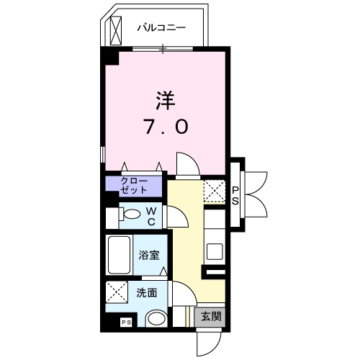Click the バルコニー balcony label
pos(162,27)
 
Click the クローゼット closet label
pos(134,185)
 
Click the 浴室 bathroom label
pos(149,256)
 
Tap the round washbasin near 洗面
pos(156,318)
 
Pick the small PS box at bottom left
pos(125,323)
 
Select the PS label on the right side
pos(235,194)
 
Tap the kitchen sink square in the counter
pos(214,251)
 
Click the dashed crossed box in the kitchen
pos(215,192)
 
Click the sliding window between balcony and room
pos(163,49)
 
